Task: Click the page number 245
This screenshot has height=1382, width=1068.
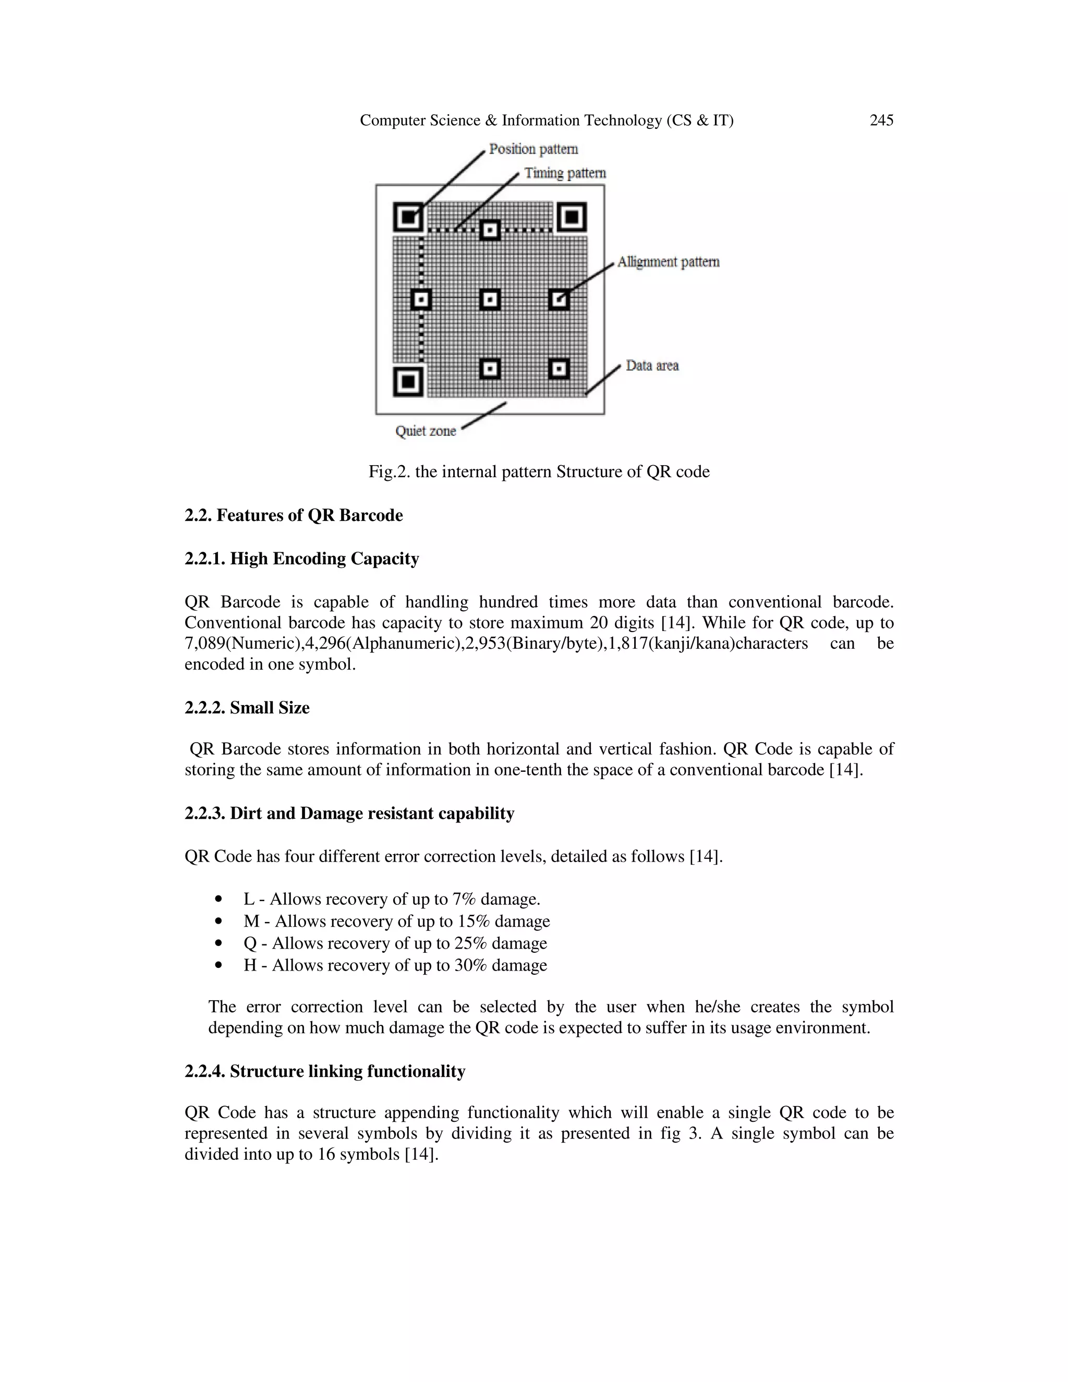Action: (881, 120)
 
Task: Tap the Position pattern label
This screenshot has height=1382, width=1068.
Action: (533, 149)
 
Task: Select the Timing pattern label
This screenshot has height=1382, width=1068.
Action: (565, 173)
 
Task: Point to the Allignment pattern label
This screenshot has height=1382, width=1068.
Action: (668, 262)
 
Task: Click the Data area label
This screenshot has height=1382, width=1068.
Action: (652, 366)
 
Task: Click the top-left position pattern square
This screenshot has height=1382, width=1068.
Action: (409, 217)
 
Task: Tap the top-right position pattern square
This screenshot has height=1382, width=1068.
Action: (572, 217)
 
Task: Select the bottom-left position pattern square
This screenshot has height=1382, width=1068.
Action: (409, 382)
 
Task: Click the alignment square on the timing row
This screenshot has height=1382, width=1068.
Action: (490, 229)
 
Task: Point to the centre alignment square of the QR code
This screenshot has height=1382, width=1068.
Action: (490, 299)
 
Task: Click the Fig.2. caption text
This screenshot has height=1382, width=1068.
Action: (539, 472)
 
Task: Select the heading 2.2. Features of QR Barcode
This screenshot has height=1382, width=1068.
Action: (294, 516)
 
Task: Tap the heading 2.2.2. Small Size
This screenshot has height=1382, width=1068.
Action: (247, 708)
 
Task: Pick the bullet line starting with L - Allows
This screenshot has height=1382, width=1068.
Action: (392, 899)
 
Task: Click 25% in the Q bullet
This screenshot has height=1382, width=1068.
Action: (471, 943)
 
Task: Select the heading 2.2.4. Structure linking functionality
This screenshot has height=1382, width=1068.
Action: (324, 1071)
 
